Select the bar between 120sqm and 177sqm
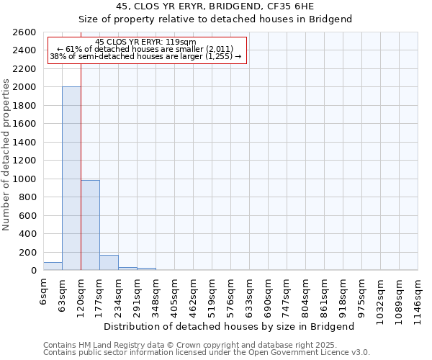(x=90, y=225)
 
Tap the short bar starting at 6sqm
(x=53, y=266)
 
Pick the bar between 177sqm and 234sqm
(x=109, y=263)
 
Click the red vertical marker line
(x=81, y=166)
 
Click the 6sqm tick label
(x=44, y=290)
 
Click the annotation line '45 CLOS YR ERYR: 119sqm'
(x=145, y=42)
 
